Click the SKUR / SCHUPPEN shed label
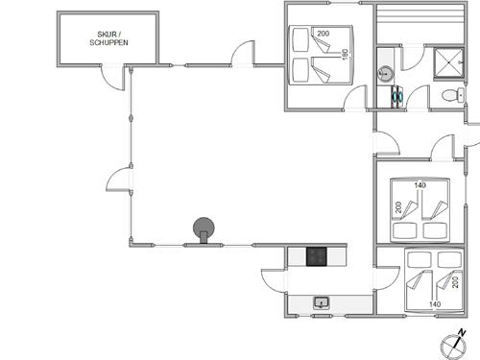108,37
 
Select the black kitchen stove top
318,256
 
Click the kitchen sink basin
321,303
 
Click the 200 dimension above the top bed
323,34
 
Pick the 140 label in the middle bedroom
420,185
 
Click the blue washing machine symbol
396,95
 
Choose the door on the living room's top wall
243,54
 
